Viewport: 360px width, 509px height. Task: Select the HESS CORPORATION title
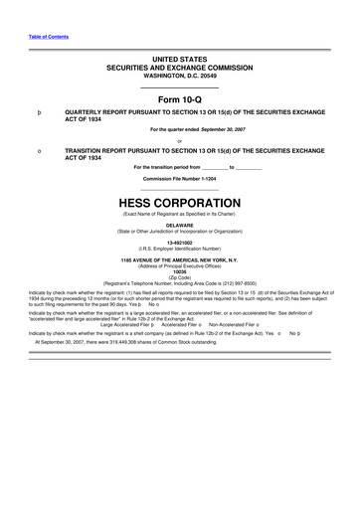click(x=180, y=199)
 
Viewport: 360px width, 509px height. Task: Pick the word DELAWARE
click(x=180, y=224)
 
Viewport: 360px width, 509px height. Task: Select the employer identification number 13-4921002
click(x=180, y=241)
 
